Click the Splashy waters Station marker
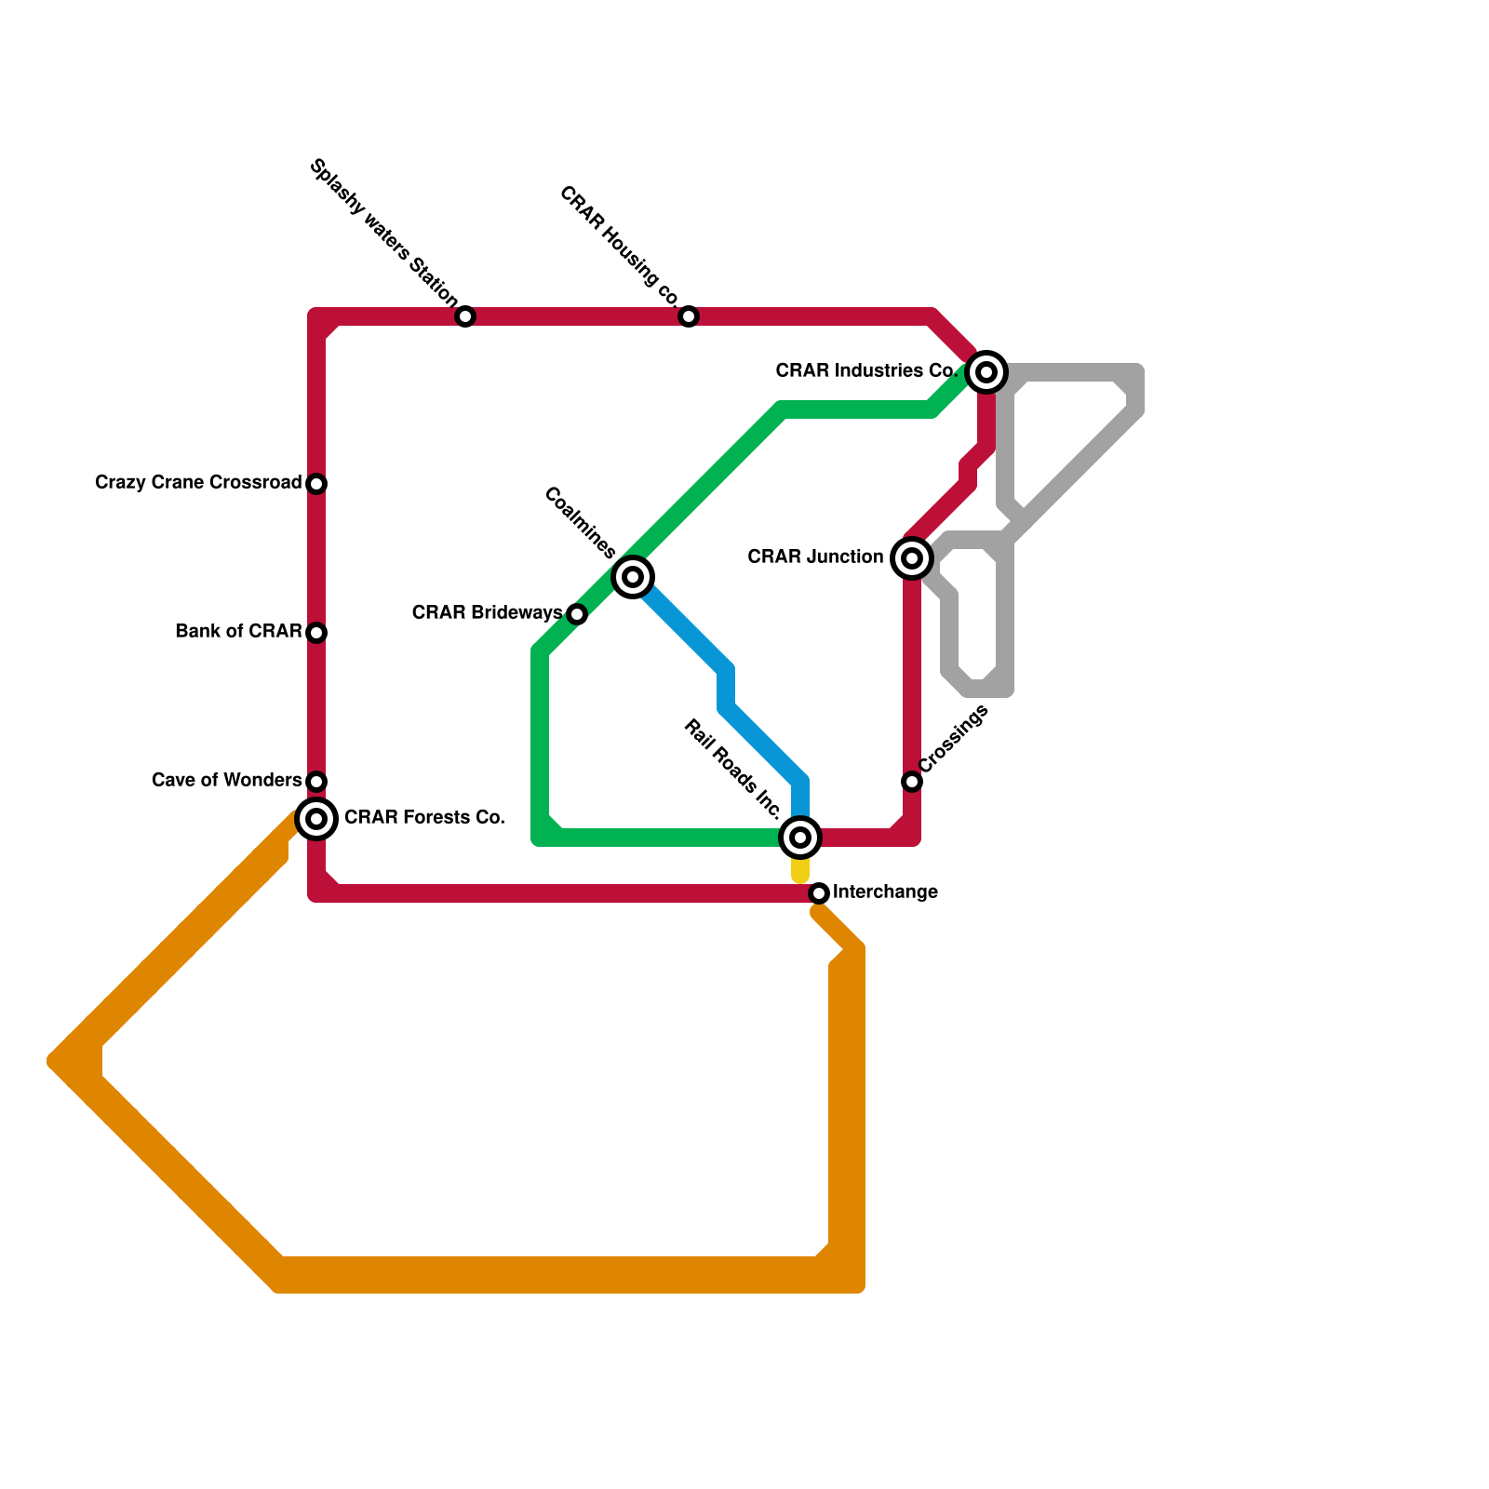coord(465,316)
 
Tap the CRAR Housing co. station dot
coord(689,316)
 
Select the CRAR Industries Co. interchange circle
coord(986,372)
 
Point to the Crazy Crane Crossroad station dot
coord(316,484)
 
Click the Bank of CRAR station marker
coord(316,633)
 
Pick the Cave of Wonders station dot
coord(316,782)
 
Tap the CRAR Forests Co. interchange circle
coord(316,819)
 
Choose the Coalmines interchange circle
coord(633,577)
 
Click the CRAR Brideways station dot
coord(577,614)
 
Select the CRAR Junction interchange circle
coord(912,558)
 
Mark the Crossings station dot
coord(912,782)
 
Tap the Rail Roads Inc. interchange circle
coord(800,838)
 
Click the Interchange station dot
coord(819,893)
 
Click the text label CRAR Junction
coord(815,557)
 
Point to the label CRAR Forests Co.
coord(424,818)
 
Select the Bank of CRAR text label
coord(238,632)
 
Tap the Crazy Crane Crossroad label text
coord(198,483)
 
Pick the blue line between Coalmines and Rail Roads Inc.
coord(726,689)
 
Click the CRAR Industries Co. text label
coord(866,371)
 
